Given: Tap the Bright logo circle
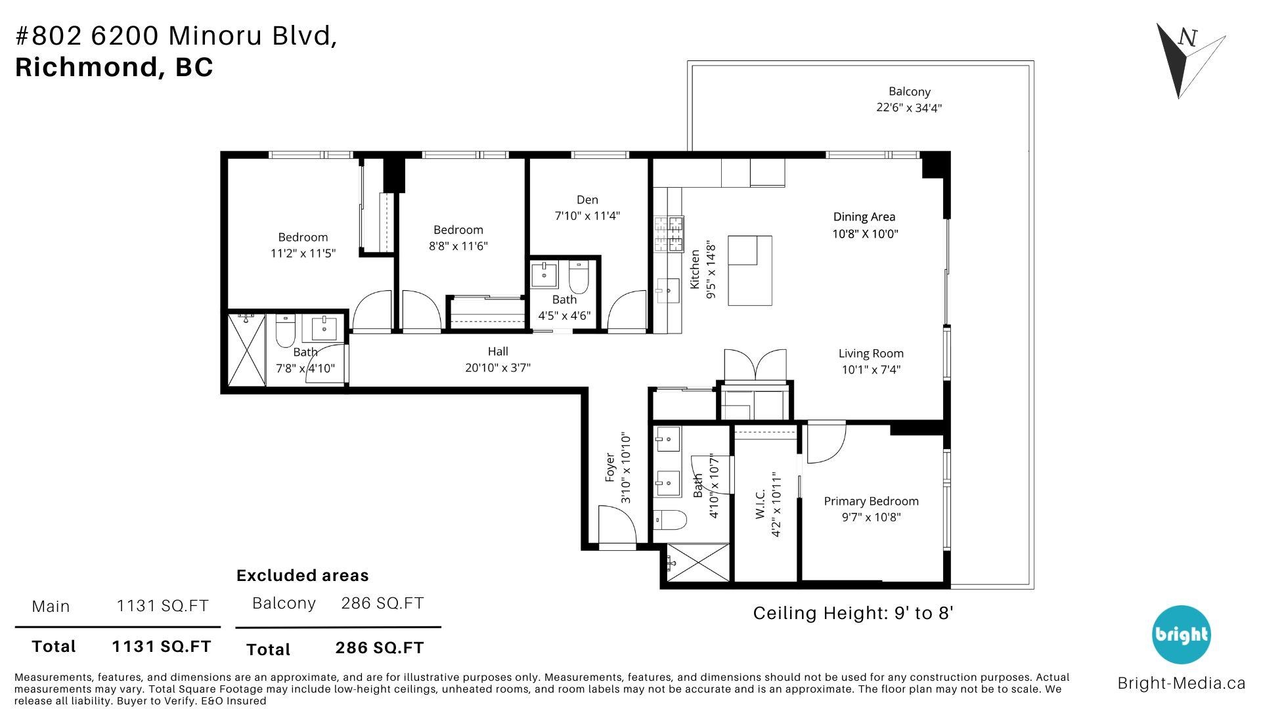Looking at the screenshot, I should click(1181, 634).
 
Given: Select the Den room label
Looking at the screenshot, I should click(587, 200).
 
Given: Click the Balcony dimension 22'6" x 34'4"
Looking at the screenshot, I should click(909, 108).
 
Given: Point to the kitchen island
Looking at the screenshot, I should click(749, 270).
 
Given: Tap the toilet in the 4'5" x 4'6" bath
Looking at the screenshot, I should click(579, 280).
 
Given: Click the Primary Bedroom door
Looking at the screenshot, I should click(825, 444).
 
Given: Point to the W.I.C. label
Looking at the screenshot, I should click(761, 504).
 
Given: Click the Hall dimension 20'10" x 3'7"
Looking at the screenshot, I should click(498, 368).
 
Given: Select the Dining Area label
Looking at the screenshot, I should click(864, 217).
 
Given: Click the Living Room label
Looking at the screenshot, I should click(871, 353).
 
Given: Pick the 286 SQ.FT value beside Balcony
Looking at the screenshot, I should click(382, 603).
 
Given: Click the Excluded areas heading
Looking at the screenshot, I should click(302, 575).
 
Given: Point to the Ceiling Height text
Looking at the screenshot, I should click(852, 613).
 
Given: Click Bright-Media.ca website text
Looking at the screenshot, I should click(1181, 683).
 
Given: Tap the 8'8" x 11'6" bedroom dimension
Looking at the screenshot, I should click(458, 246).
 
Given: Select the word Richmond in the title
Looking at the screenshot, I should click(84, 67).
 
